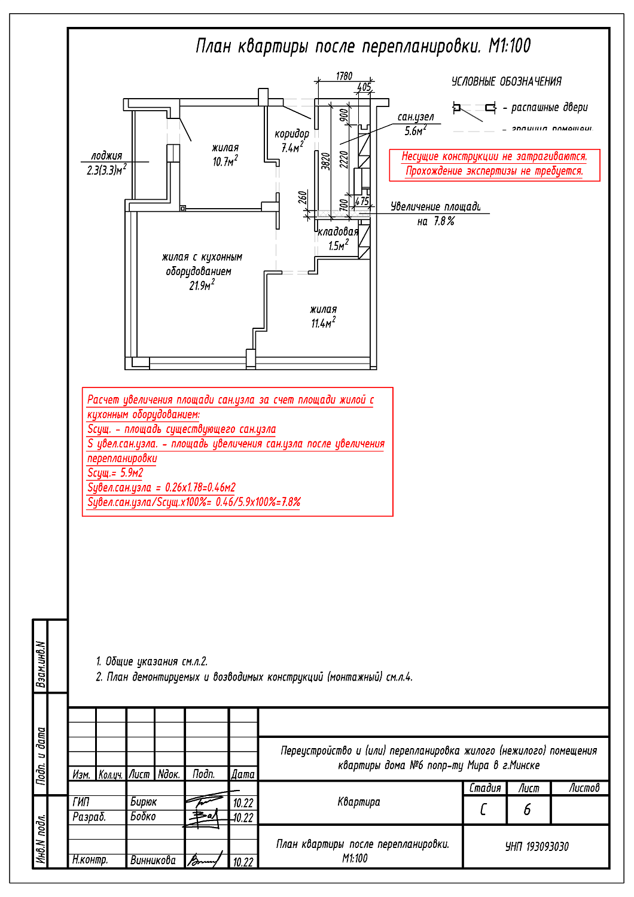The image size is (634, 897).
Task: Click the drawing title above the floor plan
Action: pyautogui.click(x=363, y=46)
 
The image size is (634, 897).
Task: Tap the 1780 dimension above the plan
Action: pyautogui.click(x=344, y=76)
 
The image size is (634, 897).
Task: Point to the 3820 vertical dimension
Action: pyautogui.click(x=325, y=161)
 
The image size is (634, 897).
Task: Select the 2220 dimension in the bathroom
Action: pyautogui.click(x=343, y=159)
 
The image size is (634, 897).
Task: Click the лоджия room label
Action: pyautogui.click(x=106, y=155)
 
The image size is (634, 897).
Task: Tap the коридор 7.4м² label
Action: pyautogui.click(x=292, y=141)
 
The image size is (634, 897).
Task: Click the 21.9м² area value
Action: pyautogui.click(x=202, y=285)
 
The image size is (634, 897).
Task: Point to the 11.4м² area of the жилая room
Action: pyautogui.click(x=323, y=323)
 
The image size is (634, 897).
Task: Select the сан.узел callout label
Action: pyautogui.click(x=416, y=117)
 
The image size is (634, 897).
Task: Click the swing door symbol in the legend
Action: pyautogui.click(x=474, y=108)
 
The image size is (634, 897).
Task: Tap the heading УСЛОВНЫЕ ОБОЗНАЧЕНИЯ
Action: pyautogui.click(x=506, y=81)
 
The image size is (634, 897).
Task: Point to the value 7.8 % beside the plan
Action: pyautogui.click(x=444, y=221)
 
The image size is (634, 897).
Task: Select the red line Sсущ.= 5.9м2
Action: pyautogui.click(x=115, y=473)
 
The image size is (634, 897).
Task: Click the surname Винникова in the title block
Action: pyautogui.click(x=153, y=861)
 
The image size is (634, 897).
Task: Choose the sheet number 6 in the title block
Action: pyautogui.click(x=527, y=810)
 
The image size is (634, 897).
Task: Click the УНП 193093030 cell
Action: pyautogui.click(x=537, y=846)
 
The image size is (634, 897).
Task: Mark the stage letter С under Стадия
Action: pyautogui.click(x=483, y=810)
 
